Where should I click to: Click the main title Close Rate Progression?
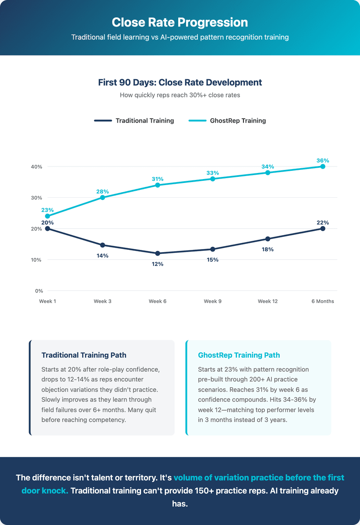pos(180,23)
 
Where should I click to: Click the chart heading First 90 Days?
pos(180,82)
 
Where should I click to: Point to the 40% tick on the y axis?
pos(36,167)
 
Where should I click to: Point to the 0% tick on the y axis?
pos(38,291)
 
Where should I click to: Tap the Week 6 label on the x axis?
pos(157,301)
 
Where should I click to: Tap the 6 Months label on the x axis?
pos(323,301)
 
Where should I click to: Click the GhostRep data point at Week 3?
pos(103,197)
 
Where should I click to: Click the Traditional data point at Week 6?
pos(157,253)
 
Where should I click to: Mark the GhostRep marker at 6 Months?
pos(323,166)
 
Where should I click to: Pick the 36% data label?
pos(323,160)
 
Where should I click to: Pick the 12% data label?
pos(157,264)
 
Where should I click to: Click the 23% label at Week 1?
pos(48,210)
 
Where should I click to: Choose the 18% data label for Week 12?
pos(268,249)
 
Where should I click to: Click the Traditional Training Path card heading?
pos(84,355)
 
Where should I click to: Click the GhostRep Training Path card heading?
pos(239,355)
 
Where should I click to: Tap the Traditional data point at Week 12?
pos(268,239)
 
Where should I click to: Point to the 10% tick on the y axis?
pos(36,260)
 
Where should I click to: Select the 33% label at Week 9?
pos(213,173)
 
